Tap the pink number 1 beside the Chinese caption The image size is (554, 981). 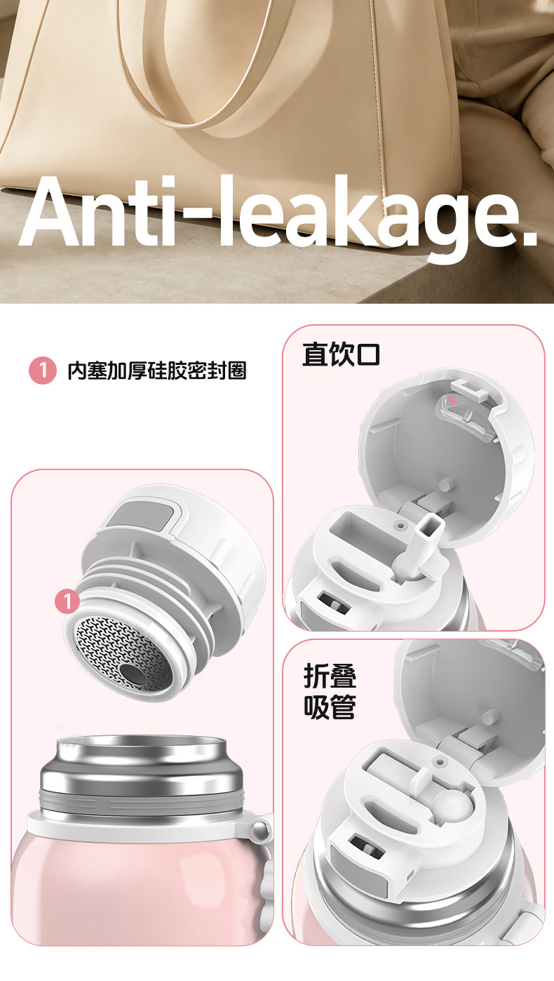tap(43, 371)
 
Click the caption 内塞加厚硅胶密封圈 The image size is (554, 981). tap(156, 371)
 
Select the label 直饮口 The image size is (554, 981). tap(341, 354)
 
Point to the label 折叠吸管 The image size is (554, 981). tap(330, 691)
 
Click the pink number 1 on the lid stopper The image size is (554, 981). tap(67, 601)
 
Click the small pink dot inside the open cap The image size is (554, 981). tap(452, 400)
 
